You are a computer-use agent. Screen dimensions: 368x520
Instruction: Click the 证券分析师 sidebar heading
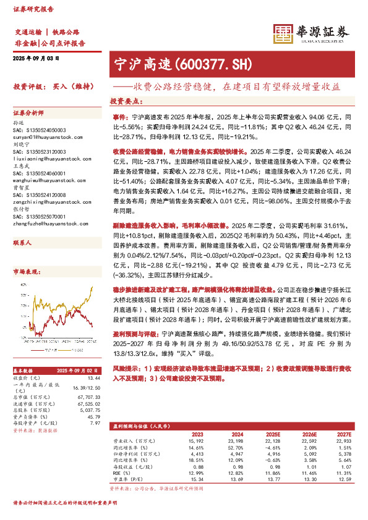click(28, 114)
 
